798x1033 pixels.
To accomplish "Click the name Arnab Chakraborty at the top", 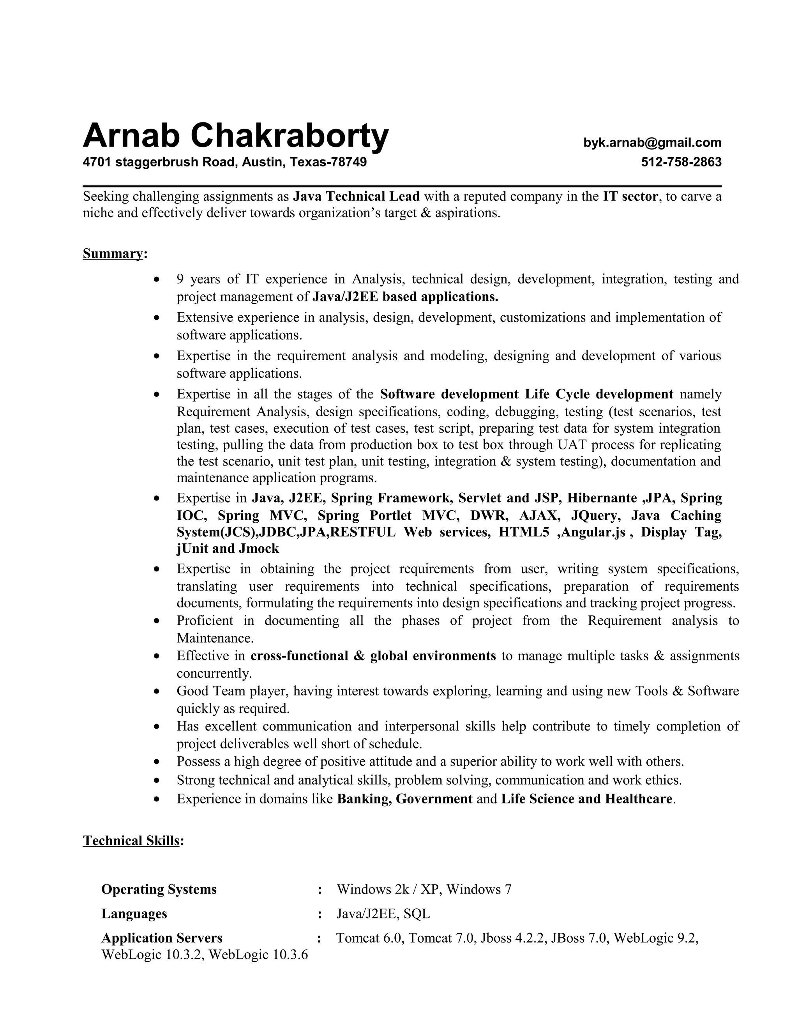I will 235,136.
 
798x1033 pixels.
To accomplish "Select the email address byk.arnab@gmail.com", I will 652,142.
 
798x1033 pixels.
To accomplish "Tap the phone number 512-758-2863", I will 681,162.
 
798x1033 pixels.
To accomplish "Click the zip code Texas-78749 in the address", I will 328,162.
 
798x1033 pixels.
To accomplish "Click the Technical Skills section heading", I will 131,840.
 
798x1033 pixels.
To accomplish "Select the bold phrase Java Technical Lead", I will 357,196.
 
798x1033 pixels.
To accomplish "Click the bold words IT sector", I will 630,196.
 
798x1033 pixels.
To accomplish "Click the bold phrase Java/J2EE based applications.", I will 406,297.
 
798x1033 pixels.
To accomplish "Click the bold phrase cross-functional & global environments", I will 373,656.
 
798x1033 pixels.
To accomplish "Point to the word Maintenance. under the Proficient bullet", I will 215,638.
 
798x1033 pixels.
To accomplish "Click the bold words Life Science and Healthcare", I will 586,799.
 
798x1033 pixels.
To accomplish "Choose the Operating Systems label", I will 159,889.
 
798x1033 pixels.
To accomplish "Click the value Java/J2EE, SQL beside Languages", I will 383,913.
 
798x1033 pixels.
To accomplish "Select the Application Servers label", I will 162,938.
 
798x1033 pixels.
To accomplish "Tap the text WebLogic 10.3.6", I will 258,955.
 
